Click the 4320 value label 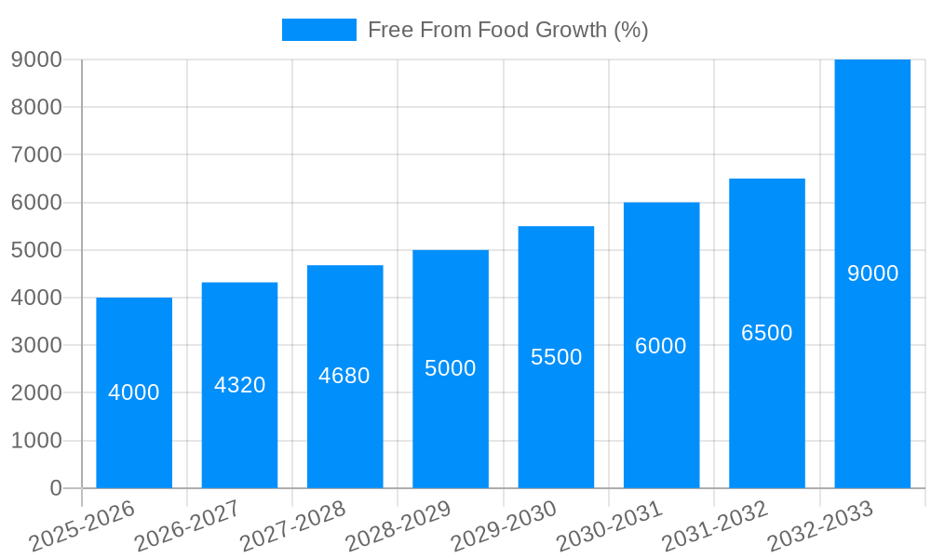239,384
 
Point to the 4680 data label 344,376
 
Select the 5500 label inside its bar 556,356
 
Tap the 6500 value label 766,333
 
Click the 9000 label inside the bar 872,273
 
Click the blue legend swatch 318,30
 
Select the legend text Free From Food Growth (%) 507,30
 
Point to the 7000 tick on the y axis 36,154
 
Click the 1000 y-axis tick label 36,441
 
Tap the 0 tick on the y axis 56,488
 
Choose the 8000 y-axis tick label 36,107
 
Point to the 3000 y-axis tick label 36,345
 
